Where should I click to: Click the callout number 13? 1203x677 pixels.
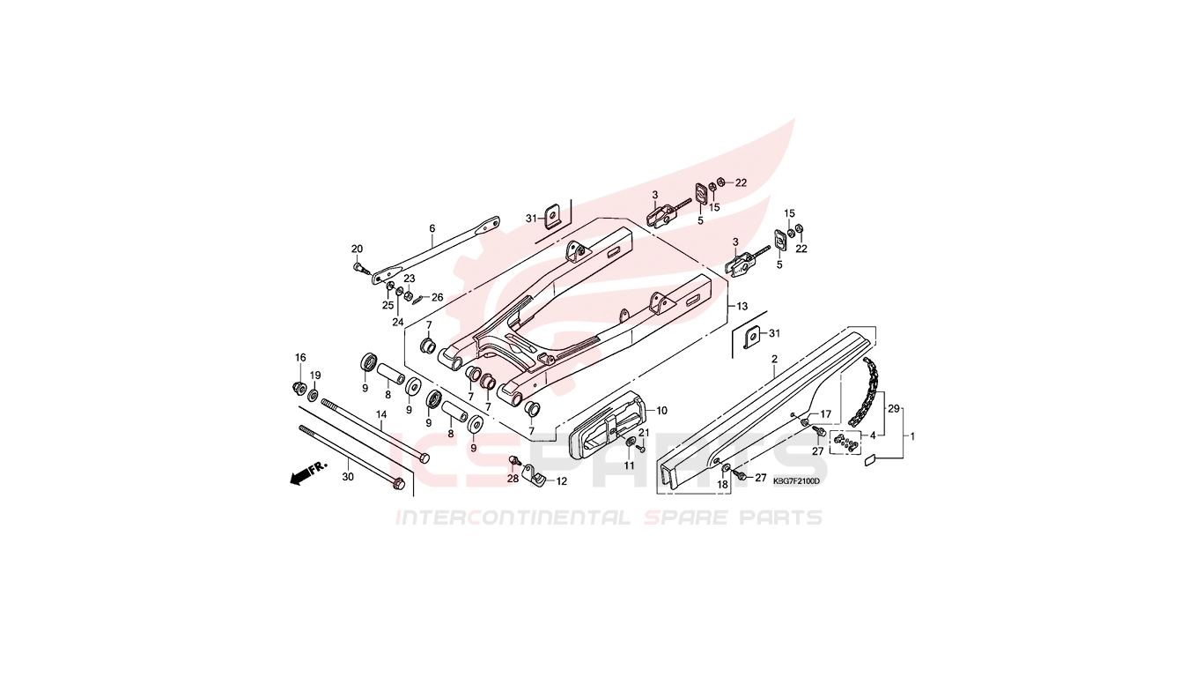click(742, 307)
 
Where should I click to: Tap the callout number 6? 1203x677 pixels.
click(432, 228)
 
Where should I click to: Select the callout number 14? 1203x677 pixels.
click(381, 414)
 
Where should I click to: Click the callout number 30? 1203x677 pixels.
click(348, 476)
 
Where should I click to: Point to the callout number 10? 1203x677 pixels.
click(661, 411)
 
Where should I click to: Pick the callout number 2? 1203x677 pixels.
click(774, 359)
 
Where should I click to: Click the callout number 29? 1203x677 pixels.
click(894, 409)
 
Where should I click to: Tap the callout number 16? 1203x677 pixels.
click(300, 358)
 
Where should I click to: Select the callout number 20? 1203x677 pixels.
click(358, 249)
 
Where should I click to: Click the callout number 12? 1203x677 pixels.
click(561, 482)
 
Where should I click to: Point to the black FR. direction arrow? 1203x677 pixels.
click(302, 475)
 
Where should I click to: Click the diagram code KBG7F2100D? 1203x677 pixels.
click(796, 480)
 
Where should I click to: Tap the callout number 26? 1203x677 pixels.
click(437, 297)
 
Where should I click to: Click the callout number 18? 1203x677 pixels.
click(723, 485)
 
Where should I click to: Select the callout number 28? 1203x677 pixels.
click(513, 479)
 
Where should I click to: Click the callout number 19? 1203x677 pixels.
click(315, 376)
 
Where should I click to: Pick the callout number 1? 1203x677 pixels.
click(911, 436)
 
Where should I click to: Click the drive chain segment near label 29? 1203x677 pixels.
click(866, 391)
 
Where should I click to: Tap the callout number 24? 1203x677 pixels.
click(397, 322)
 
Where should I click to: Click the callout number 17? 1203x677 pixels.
click(825, 414)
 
